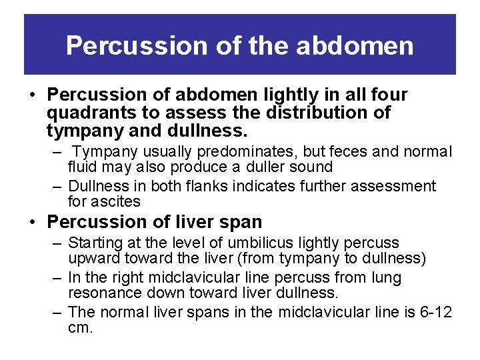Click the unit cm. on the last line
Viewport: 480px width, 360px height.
click(x=80, y=328)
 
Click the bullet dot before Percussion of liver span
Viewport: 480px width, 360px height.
click(x=33, y=221)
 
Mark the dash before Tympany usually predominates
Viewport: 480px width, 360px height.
click(x=58, y=152)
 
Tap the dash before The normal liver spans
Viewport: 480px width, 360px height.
click(x=58, y=312)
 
